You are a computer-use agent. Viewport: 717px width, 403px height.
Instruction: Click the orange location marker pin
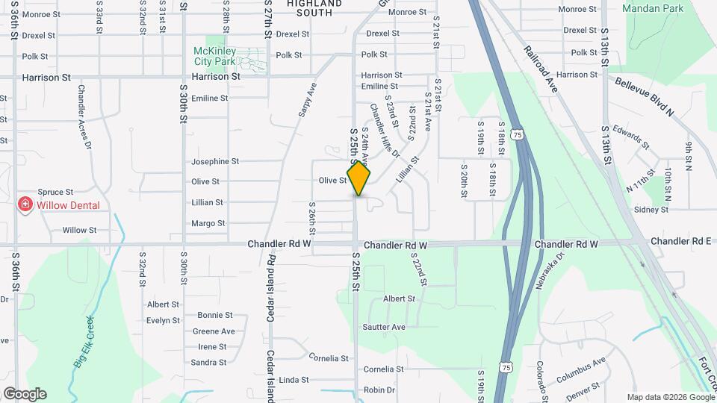pyautogui.click(x=359, y=178)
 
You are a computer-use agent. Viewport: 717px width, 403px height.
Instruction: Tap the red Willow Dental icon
pyautogui.click(x=25, y=204)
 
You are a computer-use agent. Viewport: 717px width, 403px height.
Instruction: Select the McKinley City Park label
pyautogui.click(x=215, y=54)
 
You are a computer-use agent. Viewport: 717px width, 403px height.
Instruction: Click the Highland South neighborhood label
pyautogui.click(x=314, y=7)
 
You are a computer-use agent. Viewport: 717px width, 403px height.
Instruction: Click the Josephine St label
pyautogui.click(x=215, y=161)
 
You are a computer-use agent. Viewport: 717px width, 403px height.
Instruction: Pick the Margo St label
pyautogui.click(x=208, y=223)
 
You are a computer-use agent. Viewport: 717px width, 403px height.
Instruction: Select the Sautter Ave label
pyautogui.click(x=384, y=327)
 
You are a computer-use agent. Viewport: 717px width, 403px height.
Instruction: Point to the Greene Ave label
pyautogui.click(x=214, y=331)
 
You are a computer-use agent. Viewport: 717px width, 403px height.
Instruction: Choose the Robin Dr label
pyautogui.click(x=379, y=390)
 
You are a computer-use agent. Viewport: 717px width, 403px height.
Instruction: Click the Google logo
pyautogui.click(x=25, y=394)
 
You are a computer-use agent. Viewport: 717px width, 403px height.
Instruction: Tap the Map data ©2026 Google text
pyautogui.click(x=670, y=397)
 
